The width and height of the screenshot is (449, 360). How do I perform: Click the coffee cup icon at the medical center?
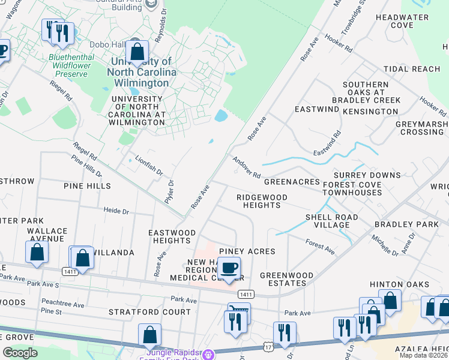[228, 268]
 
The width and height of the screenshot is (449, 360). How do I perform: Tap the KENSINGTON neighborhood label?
[371, 112]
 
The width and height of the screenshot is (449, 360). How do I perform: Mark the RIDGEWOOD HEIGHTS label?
[262, 201]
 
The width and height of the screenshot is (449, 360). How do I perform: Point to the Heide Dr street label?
[116, 211]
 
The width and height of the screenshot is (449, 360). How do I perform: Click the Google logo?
[20, 353]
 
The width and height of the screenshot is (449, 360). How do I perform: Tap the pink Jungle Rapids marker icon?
[208, 355]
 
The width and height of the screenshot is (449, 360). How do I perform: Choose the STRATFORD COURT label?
[149, 312]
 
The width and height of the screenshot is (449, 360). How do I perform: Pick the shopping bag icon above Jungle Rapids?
[149, 334]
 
